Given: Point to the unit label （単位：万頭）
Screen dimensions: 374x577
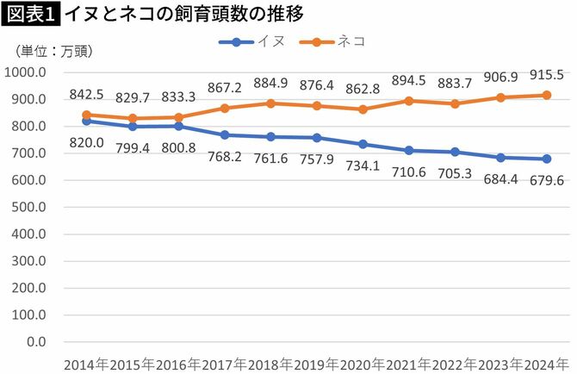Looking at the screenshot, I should (53, 52).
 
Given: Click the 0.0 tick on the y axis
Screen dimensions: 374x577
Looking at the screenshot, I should (36, 342).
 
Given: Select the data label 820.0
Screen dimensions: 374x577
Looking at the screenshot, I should (86, 142).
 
